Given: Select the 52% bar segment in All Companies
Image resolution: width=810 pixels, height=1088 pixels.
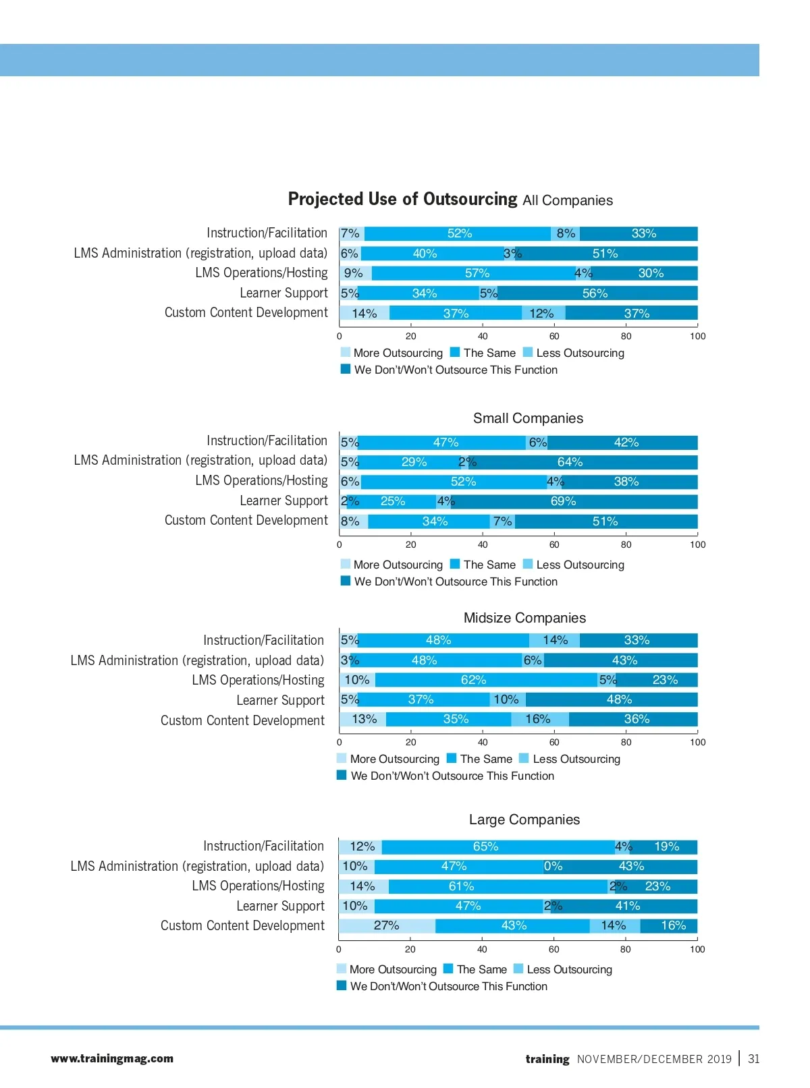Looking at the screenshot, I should point(459,233).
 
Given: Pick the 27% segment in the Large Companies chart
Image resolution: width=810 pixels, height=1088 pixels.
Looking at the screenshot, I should point(387,925).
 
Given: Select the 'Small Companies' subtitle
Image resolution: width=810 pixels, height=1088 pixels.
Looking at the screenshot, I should point(528,418).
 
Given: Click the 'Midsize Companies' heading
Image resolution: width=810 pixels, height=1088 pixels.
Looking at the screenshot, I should point(524,618).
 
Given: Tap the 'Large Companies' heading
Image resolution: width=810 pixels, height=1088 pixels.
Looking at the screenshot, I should point(524,820).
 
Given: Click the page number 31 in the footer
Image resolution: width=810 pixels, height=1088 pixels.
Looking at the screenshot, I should point(754,1059).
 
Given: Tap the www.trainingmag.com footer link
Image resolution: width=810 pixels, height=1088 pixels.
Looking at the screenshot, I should point(112,1059).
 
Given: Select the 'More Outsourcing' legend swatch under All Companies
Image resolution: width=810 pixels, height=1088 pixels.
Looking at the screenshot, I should point(346,352).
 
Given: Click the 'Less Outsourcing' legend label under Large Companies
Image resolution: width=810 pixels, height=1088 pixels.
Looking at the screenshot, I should point(569,969).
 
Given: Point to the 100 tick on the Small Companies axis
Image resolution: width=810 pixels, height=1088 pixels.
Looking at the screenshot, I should point(697,544).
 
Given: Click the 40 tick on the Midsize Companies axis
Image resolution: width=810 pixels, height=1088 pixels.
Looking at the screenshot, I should point(483,742).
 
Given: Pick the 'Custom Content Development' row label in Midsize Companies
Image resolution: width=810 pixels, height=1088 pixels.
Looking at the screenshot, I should point(242,720).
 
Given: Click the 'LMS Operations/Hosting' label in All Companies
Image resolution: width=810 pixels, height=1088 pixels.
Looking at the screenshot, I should point(261,273).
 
